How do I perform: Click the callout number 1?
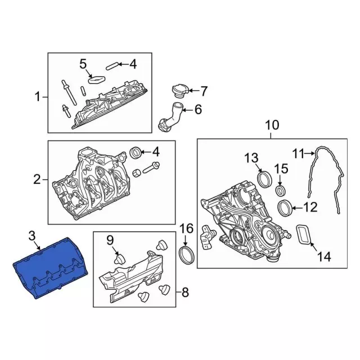tap(38, 97)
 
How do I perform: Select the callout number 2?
tap(37, 179)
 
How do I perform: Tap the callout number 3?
tap(32, 236)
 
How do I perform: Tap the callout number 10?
tap(272, 125)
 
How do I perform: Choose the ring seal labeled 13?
tap(264, 179)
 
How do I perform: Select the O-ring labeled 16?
tap(187, 255)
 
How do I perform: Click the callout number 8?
tap(185, 292)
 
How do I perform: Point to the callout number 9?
tap(110, 240)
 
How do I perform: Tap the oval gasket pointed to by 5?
tap(96, 80)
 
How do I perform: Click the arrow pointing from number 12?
tap(298, 208)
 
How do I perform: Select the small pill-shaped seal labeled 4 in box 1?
tap(112, 66)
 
